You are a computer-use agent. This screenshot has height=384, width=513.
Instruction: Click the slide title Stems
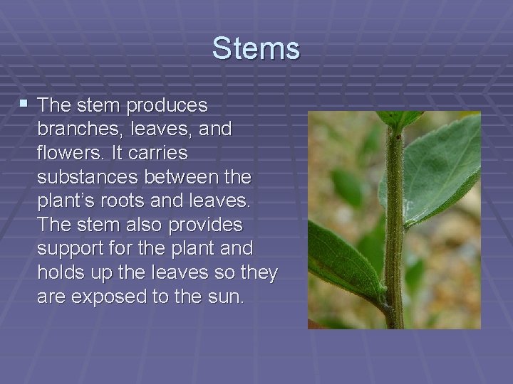(256, 49)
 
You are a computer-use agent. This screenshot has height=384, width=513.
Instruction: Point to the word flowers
(68, 154)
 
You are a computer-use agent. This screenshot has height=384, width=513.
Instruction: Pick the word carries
(161, 154)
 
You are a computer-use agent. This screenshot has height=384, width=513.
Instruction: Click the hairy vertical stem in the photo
(393, 228)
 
